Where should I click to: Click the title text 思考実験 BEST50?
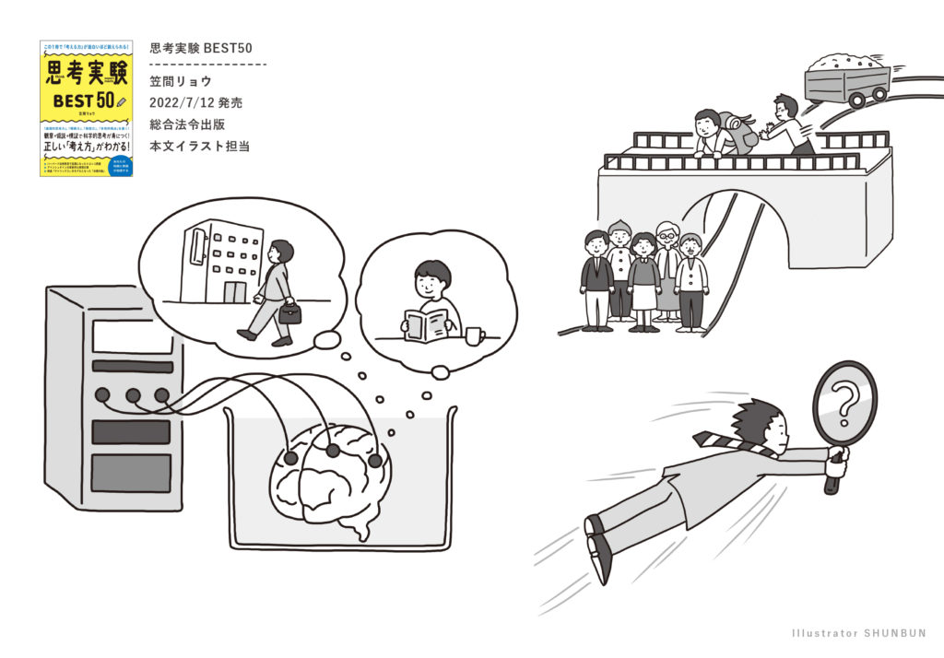click(200, 48)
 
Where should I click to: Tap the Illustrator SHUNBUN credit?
click(858, 633)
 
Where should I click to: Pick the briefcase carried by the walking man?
click(289, 312)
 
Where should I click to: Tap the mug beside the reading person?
click(474, 335)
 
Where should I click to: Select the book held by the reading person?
click(425, 325)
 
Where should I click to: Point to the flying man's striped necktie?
click(729, 442)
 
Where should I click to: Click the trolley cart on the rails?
click(846, 79)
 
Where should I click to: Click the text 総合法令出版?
click(185, 123)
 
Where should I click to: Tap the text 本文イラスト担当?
click(193, 146)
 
